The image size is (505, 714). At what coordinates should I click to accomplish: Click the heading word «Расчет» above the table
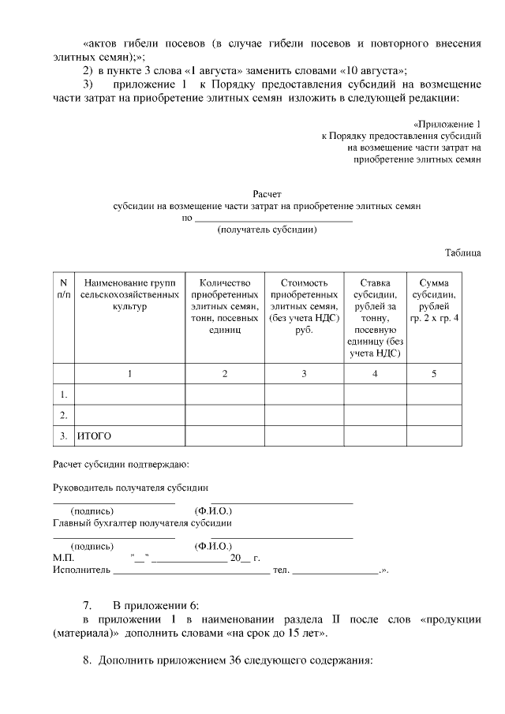(267, 194)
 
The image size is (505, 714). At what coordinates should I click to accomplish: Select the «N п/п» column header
(63, 288)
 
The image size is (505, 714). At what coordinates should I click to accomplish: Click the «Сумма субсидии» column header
(433, 300)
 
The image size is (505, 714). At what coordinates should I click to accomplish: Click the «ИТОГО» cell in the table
(94, 436)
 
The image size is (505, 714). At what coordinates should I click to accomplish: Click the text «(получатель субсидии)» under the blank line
(267, 231)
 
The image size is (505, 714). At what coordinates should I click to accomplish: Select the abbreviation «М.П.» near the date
(63, 557)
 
